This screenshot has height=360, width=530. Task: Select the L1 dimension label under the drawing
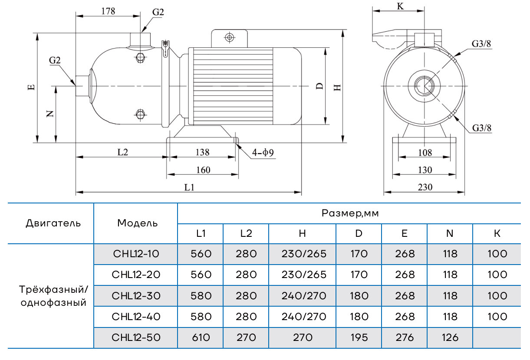[189, 187]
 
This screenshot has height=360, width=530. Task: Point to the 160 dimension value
[203, 170]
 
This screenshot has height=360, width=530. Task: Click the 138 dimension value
[202, 152]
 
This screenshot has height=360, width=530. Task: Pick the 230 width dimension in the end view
[425, 187]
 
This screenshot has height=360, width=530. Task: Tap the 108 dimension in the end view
[425, 152]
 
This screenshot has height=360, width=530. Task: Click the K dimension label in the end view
[400, 6]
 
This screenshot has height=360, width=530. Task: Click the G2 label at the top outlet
[158, 12]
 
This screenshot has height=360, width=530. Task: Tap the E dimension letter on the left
[31, 87]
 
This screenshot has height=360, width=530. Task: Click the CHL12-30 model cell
[136, 296]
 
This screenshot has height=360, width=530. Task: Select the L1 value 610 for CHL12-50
[201, 337]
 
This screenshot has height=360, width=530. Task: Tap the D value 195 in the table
[359, 337]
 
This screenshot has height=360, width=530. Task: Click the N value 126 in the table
[450, 337]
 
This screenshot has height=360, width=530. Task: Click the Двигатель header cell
[53, 223]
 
